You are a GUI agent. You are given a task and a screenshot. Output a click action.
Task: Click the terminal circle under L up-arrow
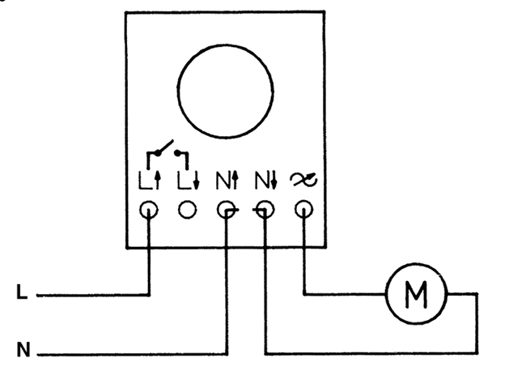click(150, 210)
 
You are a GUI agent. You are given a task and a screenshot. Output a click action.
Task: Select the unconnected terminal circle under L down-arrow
click(188, 210)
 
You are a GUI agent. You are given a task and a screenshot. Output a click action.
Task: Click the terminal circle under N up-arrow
click(227, 211)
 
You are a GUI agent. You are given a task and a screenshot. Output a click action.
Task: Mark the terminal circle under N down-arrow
click(265, 211)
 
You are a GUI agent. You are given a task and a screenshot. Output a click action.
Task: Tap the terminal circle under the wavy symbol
click(303, 211)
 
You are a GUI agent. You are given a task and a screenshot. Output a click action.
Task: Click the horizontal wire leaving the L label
click(89, 295)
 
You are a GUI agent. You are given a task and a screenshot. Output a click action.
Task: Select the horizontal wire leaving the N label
click(121, 353)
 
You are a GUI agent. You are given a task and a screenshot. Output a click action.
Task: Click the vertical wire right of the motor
click(476, 324)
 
